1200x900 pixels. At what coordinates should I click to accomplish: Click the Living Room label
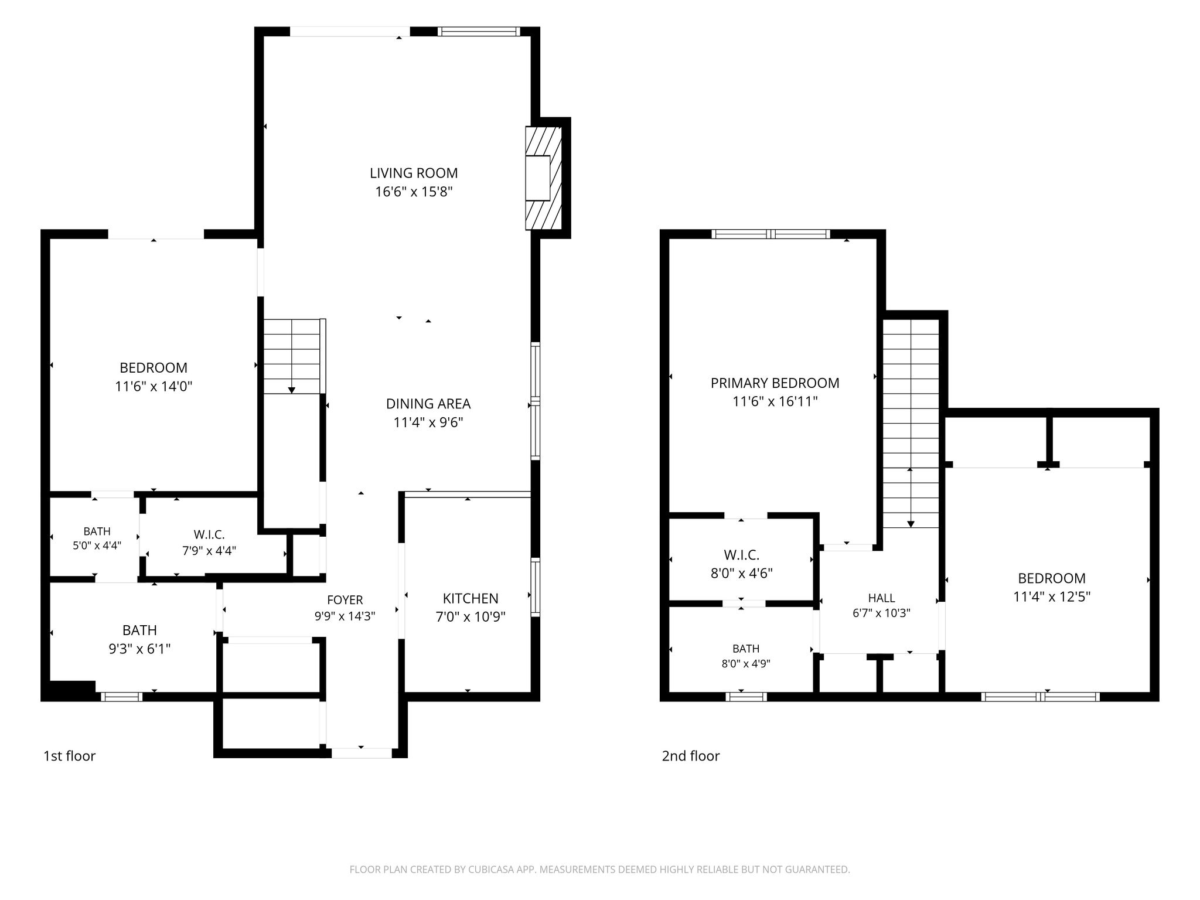(414, 173)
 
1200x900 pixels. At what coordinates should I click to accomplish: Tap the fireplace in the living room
(544, 178)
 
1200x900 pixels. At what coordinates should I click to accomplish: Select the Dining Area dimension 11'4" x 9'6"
(428, 422)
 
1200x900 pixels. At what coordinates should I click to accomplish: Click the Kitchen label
(471, 598)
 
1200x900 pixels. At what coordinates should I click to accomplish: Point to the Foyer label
(345, 599)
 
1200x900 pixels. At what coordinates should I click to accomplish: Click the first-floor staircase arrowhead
(292, 390)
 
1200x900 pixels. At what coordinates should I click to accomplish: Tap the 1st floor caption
(69, 756)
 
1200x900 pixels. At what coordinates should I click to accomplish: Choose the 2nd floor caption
(691, 756)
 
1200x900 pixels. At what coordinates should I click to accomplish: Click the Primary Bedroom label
(775, 383)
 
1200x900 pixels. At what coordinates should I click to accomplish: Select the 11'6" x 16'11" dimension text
(775, 401)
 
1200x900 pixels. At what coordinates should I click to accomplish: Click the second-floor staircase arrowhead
(911, 524)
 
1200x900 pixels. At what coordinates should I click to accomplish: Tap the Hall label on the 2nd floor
(881, 598)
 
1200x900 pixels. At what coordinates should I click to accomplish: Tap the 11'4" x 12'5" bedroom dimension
(1052, 596)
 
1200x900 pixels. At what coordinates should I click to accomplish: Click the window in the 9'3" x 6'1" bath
(121, 697)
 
